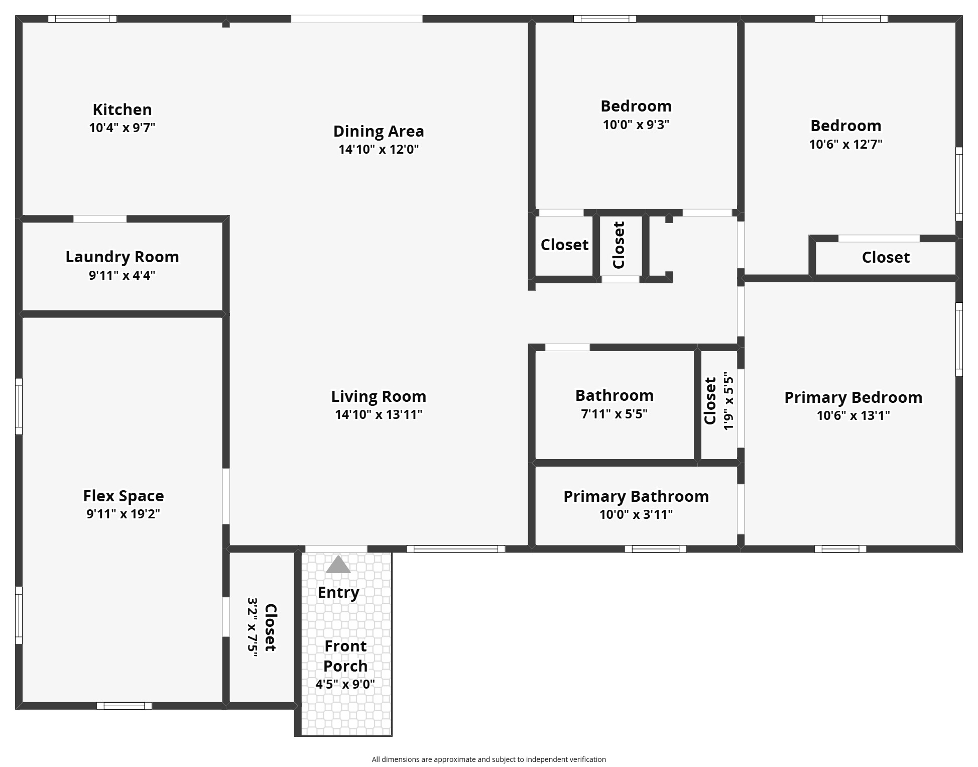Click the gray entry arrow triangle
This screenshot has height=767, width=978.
(x=338, y=565)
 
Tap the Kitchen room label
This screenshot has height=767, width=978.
(x=122, y=109)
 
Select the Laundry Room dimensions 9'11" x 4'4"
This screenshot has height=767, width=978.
(x=122, y=275)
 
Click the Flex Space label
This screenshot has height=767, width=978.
(x=124, y=496)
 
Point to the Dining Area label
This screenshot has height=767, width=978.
(x=379, y=131)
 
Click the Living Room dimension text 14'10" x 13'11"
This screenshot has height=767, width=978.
(x=379, y=414)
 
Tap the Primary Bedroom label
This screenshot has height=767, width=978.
(x=853, y=397)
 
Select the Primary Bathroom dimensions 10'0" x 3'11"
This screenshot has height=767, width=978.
(x=636, y=514)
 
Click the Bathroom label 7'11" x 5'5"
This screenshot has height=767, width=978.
(x=614, y=395)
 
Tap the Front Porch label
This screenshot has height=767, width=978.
(x=345, y=656)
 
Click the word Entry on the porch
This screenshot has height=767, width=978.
(x=338, y=592)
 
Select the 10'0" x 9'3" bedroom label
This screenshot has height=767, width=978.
(x=636, y=106)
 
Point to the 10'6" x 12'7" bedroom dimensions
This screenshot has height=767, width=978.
(x=845, y=144)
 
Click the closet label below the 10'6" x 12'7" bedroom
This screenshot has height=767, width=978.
(x=886, y=257)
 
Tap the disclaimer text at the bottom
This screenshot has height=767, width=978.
(x=488, y=759)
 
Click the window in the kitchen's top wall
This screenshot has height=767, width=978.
(x=82, y=19)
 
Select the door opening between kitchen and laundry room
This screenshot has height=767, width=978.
(x=100, y=219)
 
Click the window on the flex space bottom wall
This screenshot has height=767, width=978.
(x=124, y=706)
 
